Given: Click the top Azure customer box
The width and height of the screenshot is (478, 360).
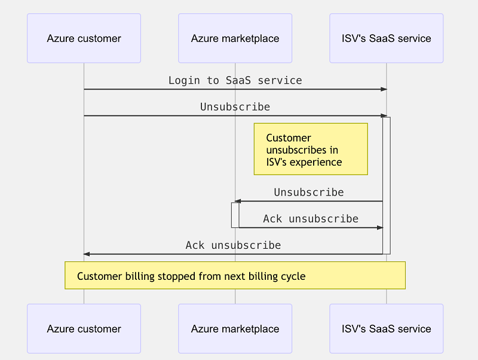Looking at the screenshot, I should pos(84,38).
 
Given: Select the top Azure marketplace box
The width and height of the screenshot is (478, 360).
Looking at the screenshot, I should pos(235,38).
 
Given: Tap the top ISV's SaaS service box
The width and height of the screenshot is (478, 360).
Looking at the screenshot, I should pos(386,38).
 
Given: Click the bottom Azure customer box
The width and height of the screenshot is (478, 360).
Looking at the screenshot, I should pos(84,328).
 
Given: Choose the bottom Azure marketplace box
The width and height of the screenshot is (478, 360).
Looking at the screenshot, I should pos(235,328).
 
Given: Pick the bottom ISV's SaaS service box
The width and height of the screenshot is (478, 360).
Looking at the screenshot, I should pos(386,328).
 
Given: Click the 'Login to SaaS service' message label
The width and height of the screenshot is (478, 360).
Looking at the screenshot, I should pos(235,80).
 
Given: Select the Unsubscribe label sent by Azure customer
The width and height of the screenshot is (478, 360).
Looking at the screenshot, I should pos(235,107).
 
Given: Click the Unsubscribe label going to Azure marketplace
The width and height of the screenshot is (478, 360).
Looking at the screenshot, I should pos(309,193).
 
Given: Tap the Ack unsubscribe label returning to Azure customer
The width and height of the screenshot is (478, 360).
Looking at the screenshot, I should pos(233,245).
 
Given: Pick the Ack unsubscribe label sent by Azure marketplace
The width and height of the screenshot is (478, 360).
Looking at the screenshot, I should pos(311,219).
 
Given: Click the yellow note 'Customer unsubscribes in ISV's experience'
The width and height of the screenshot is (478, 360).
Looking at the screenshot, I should pos(310,149).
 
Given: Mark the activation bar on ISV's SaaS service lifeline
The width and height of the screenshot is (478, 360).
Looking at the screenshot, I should pos(387,185).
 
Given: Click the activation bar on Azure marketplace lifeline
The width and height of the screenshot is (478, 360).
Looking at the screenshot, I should pos(235,215).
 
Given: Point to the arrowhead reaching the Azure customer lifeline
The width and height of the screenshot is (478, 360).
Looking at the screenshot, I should pos(87,254).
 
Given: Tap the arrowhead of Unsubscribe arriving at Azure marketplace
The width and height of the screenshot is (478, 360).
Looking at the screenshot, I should pos(237,202).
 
